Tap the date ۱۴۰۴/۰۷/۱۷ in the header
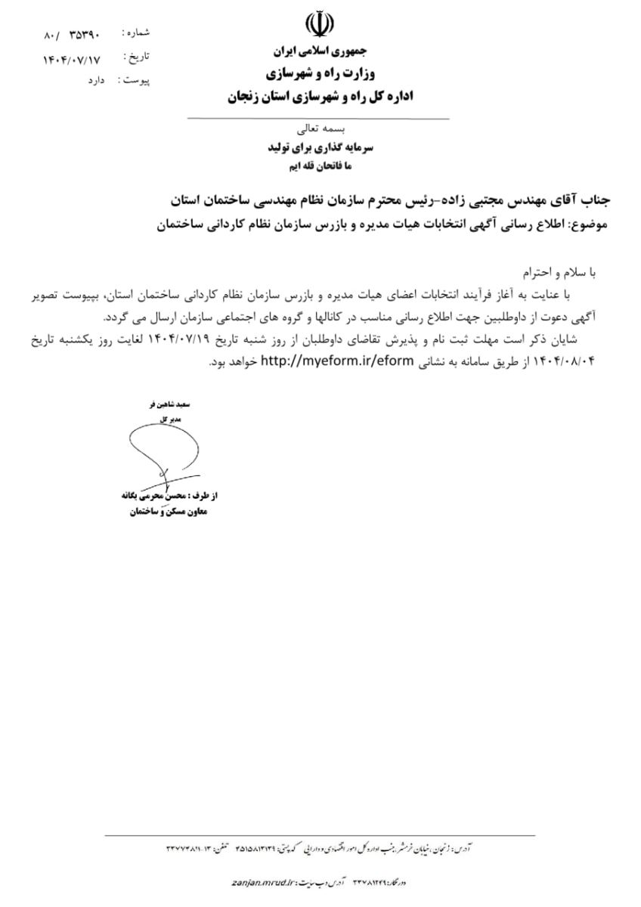click(x=73, y=58)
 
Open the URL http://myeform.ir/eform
click(x=337, y=362)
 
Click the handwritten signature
click(x=163, y=458)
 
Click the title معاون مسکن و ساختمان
click(x=163, y=513)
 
